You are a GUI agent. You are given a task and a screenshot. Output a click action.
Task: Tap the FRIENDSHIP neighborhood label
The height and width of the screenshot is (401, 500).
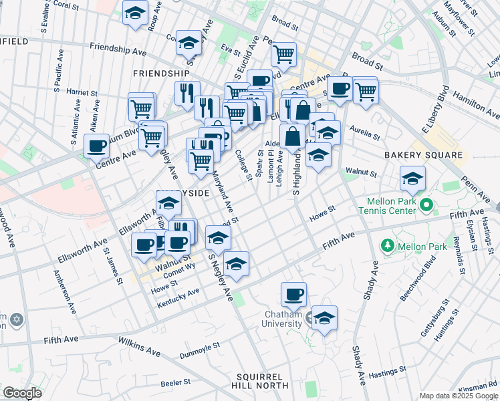[161, 73]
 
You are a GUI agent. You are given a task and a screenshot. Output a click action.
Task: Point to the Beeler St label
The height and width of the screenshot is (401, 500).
[176, 383]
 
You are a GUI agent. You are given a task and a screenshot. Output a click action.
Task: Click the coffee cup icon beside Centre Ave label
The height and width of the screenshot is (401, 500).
[97, 145]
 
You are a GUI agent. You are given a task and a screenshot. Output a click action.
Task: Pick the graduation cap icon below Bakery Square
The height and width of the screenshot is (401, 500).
[412, 178]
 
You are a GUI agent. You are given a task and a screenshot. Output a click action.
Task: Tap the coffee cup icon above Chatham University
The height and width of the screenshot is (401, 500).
[293, 293]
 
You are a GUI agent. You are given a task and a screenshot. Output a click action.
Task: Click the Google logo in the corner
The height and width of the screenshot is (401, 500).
[21, 393]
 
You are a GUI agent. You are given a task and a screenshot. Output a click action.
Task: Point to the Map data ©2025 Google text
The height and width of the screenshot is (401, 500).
[459, 396]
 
